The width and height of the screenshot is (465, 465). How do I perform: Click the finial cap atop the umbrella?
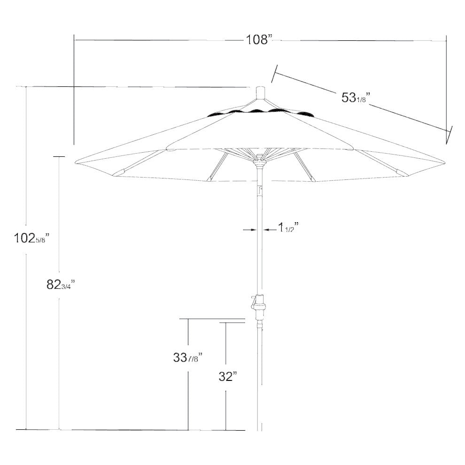[260, 92]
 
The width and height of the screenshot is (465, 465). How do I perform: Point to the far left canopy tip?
[77, 163]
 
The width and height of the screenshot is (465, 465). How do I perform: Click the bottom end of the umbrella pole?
[260, 428]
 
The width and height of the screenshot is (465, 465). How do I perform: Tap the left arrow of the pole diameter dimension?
[251, 229]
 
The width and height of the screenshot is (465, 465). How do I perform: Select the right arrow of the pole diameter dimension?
[267, 229]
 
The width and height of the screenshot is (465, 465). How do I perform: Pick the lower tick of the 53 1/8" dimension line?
[449, 134]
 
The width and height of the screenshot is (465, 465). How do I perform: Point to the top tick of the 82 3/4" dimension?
[59, 156]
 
